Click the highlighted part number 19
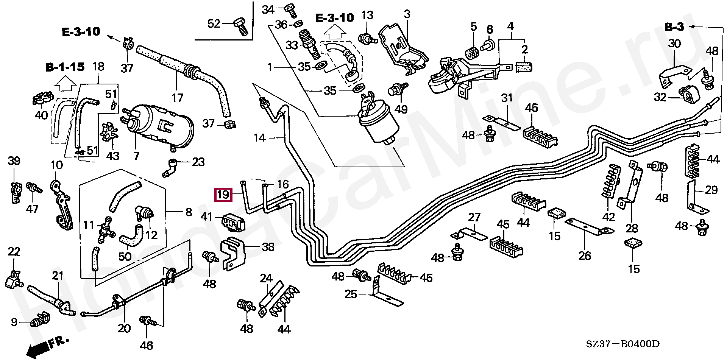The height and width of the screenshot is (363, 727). click(x=223, y=195)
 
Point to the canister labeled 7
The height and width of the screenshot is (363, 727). click(x=159, y=125)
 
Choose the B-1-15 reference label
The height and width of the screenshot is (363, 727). click(x=65, y=67)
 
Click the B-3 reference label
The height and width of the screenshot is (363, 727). click(x=674, y=27)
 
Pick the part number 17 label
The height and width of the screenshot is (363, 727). click(x=178, y=98)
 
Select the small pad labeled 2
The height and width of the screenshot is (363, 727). click(x=524, y=67)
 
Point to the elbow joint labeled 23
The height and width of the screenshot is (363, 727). click(x=170, y=167)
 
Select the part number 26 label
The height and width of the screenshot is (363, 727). click(x=585, y=256)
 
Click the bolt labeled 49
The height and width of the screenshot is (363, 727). click(x=396, y=91)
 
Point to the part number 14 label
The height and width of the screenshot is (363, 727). click(x=259, y=138)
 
